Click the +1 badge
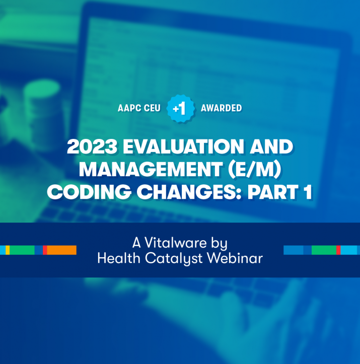tap(181, 108)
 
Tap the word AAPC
tap(129, 108)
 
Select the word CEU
tap(152, 108)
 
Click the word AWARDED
tap(222, 108)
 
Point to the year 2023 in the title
tap(92, 147)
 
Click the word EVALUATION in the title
tap(183, 147)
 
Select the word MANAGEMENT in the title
tap(151, 169)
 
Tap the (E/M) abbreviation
tap(255, 170)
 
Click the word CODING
tap(89, 192)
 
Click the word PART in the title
tap(273, 192)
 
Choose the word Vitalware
tap(176, 243)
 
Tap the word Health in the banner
tap(119, 258)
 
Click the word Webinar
tap(235, 258)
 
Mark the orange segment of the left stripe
tap(62, 250)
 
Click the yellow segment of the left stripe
tap(8, 250)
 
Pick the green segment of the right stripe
tap(324, 250)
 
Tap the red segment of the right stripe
tap(338, 250)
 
